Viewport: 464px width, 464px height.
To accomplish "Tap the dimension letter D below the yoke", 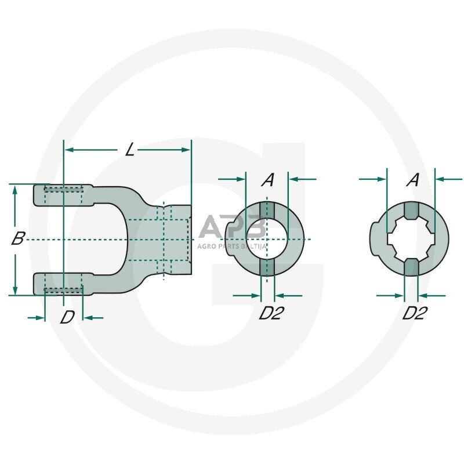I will coord(68,317).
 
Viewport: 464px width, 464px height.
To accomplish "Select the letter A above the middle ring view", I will coord(267,180).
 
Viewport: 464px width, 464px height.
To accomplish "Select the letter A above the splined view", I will coord(412,180).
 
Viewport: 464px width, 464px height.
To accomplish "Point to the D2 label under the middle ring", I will coord(270,313).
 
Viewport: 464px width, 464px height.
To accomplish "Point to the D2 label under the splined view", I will coord(415,313).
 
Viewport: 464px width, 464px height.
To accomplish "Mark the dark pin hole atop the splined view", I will coord(410,211).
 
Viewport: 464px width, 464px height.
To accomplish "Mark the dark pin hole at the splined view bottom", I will coord(410,267).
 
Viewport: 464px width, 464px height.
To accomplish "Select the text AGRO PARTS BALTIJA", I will coord(232,246).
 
